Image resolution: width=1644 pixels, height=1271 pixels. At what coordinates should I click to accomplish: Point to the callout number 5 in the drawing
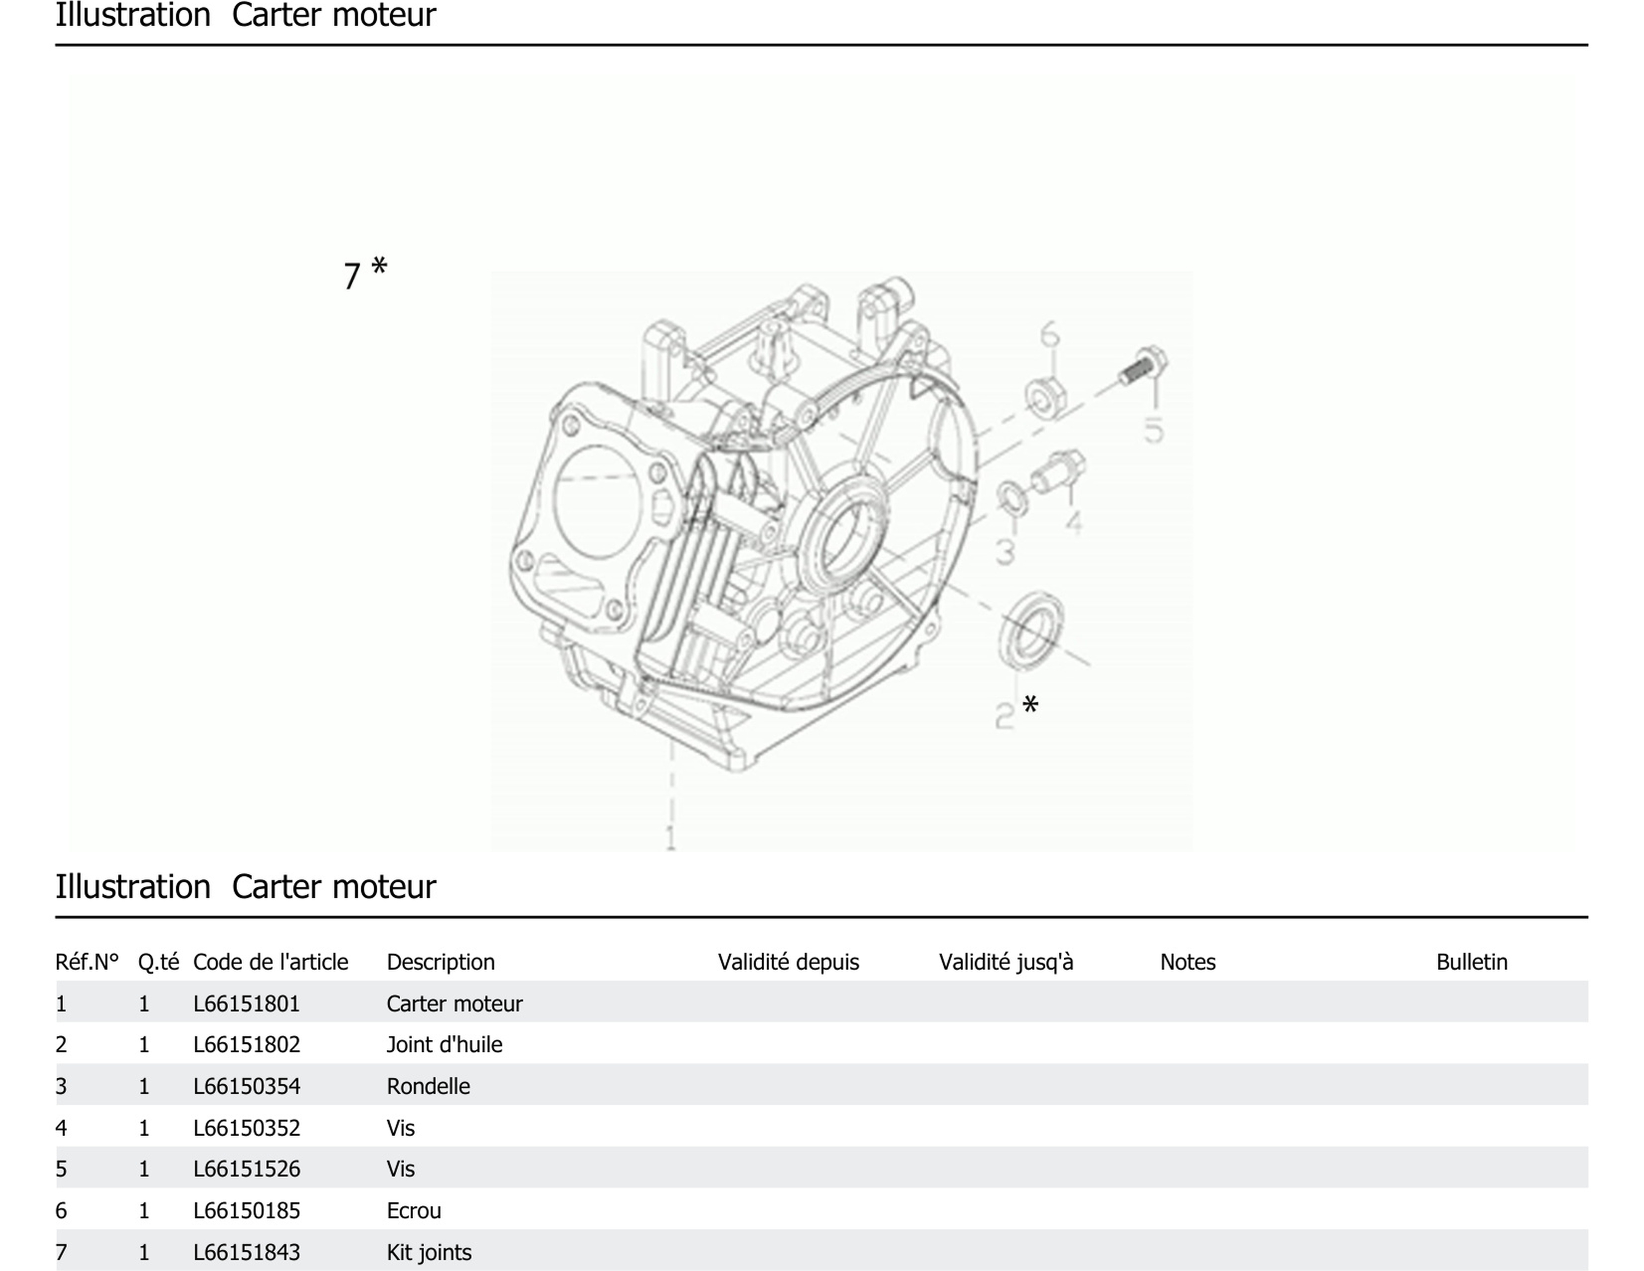[1153, 431]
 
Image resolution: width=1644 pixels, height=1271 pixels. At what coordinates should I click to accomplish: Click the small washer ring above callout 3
[1012, 498]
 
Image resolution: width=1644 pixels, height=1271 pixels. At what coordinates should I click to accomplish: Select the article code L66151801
[246, 1003]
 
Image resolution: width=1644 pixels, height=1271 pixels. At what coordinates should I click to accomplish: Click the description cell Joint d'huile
[444, 1044]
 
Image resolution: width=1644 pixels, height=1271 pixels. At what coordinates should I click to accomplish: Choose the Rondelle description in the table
[428, 1086]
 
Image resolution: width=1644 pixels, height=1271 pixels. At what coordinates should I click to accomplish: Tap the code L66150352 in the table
[246, 1127]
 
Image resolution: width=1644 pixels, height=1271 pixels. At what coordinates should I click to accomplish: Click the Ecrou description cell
[413, 1210]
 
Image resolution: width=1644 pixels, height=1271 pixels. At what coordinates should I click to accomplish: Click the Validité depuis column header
[788, 962]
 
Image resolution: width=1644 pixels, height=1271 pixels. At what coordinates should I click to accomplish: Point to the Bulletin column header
[1471, 962]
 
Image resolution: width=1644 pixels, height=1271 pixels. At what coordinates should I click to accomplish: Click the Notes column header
[1187, 962]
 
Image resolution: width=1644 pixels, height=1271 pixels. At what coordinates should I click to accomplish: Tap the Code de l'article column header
[270, 962]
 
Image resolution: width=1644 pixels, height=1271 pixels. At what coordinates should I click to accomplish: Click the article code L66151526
[246, 1169]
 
